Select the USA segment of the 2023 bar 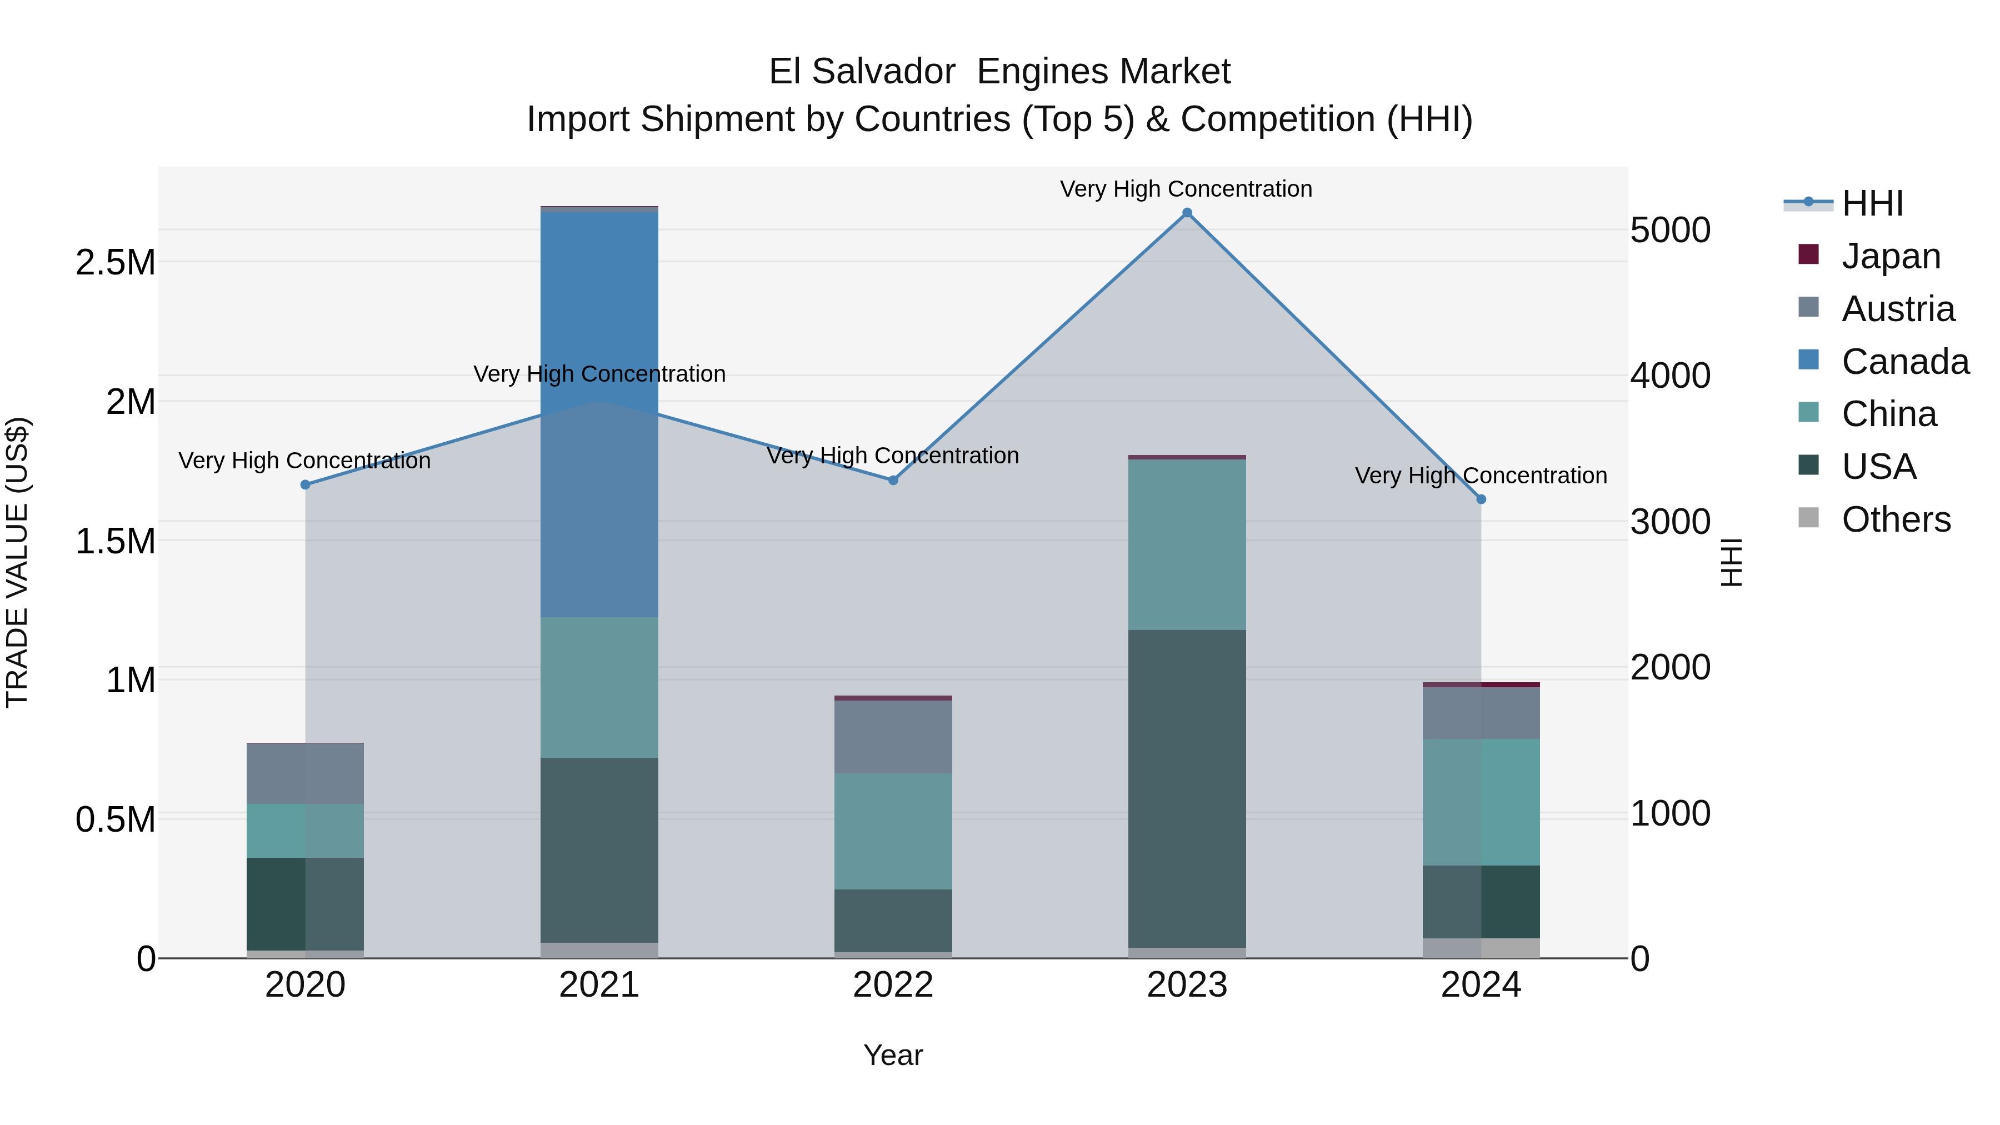[x=1186, y=788]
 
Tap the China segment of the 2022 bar [x=893, y=831]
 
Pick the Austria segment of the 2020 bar [x=305, y=773]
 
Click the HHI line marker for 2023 [x=1186, y=213]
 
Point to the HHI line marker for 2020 [x=305, y=484]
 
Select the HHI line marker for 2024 [x=1481, y=499]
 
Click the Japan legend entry [x=1890, y=256]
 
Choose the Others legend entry [x=1894, y=519]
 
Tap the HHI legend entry [x=1871, y=203]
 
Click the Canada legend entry [x=1904, y=361]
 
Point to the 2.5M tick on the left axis [x=115, y=262]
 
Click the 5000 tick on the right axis [x=1670, y=230]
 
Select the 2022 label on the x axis [x=893, y=985]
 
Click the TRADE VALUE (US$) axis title [x=17, y=562]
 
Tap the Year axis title [x=893, y=1055]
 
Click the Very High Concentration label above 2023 [x=1186, y=189]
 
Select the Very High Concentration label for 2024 [x=1481, y=475]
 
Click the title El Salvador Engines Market [x=999, y=72]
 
